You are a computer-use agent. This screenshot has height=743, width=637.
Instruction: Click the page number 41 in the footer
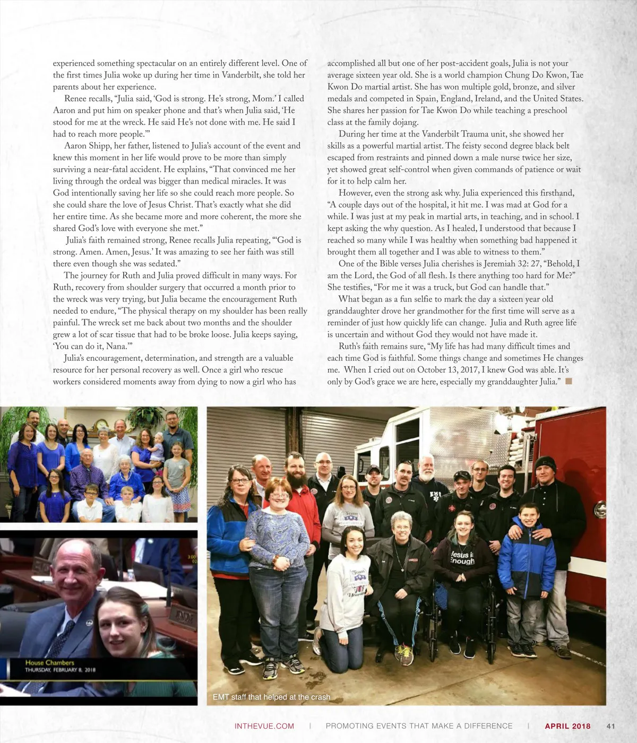(x=610, y=726)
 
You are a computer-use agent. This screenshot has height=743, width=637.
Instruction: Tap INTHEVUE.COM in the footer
(x=264, y=726)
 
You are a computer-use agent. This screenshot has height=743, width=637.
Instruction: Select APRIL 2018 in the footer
(x=567, y=726)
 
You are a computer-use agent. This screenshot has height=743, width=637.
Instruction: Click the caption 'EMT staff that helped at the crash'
(x=271, y=697)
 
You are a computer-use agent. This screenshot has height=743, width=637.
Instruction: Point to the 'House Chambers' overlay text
(x=49, y=662)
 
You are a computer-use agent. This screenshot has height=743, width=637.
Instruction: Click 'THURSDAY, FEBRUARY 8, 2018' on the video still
(x=60, y=670)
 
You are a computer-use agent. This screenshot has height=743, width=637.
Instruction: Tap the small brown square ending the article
(x=569, y=381)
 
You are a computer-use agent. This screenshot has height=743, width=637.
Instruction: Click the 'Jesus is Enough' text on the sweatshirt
(x=462, y=557)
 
